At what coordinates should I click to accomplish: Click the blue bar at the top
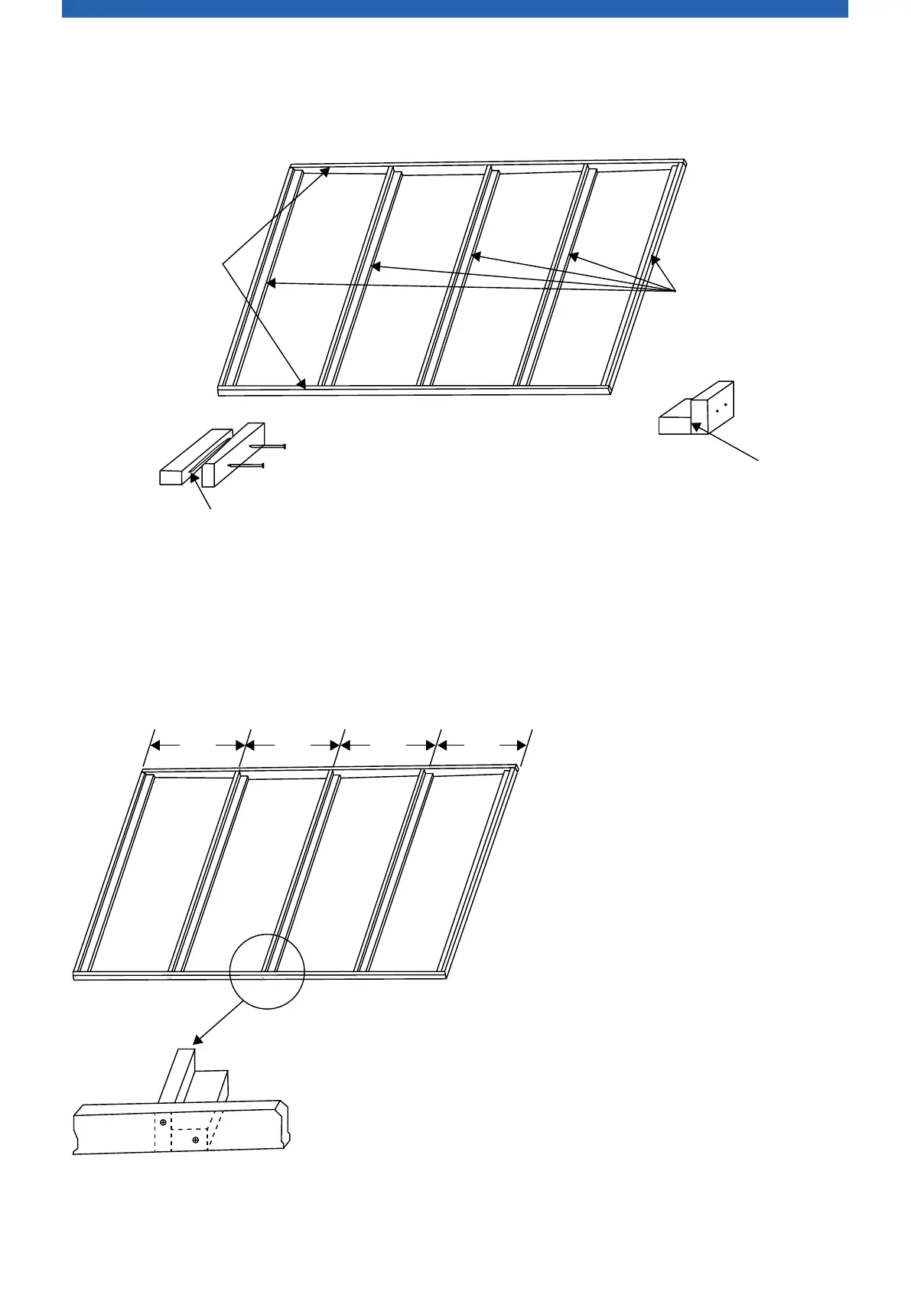(454, 8)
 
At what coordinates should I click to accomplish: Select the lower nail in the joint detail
(246, 465)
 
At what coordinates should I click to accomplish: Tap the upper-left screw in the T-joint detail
(163, 1122)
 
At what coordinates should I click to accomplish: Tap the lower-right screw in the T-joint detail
(196, 1140)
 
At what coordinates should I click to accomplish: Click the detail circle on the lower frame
(267, 971)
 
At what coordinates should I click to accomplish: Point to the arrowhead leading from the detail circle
(197, 1040)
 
